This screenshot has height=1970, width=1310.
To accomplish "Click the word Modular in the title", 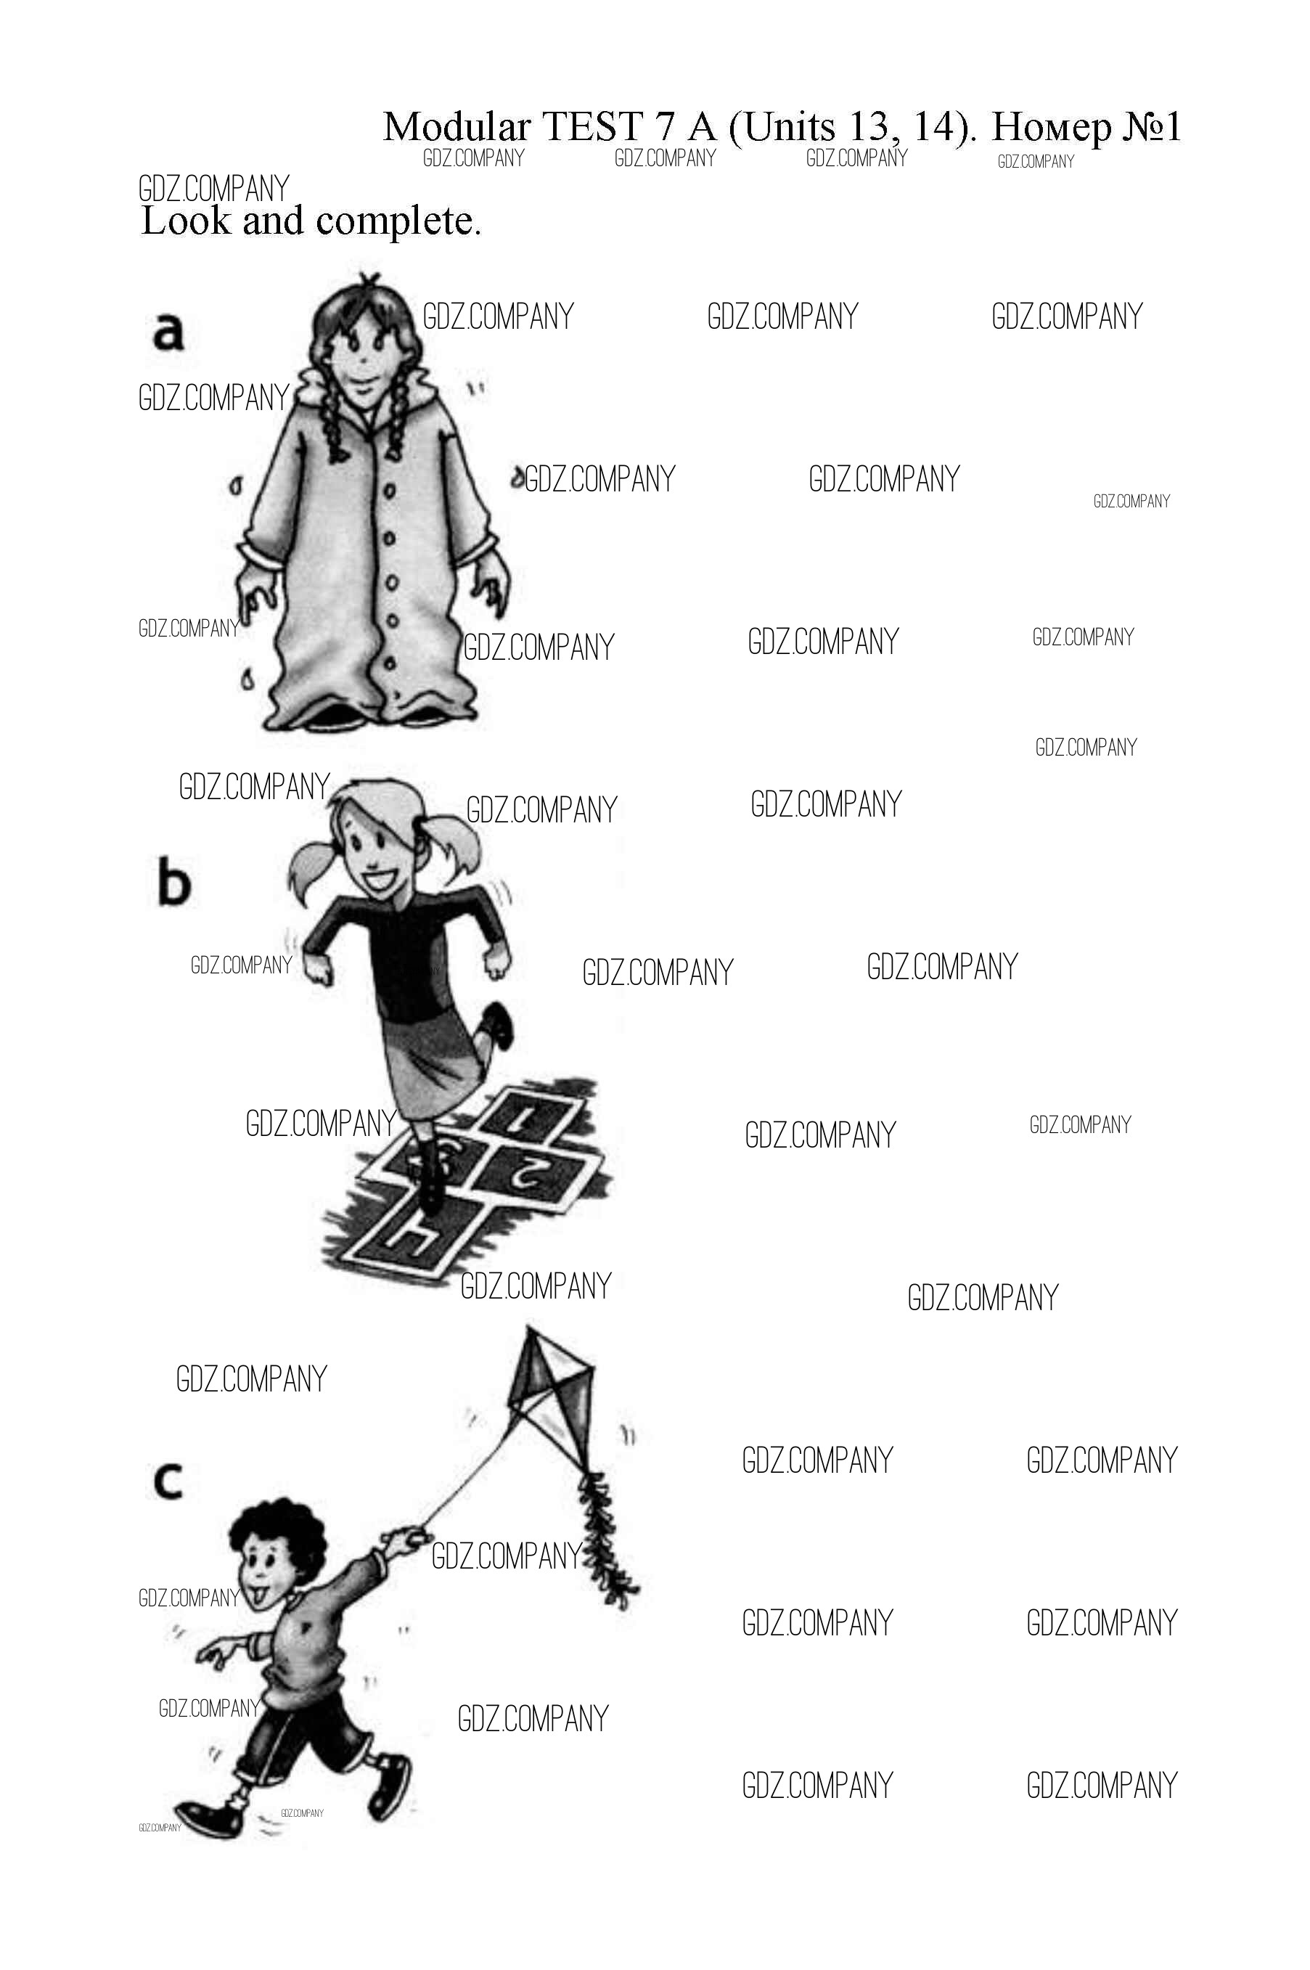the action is pyautogui.click(x=457, y=127).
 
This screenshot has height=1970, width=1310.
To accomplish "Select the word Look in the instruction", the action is pyautogui.click(x=186, y=221).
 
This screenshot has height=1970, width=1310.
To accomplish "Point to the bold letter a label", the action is pyautogui.click(x=168, y=332).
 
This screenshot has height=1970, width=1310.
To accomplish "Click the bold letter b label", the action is pyautogui.click(x=173, y=883).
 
